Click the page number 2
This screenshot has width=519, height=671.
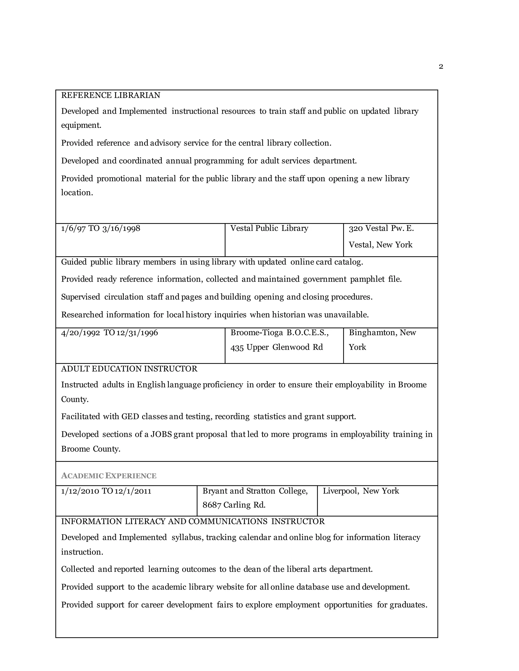[441, 67]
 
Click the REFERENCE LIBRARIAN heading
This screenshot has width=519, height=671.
[111, 95]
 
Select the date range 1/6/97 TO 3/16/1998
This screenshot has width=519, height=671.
[101, 228]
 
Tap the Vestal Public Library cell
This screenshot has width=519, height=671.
[269, 228]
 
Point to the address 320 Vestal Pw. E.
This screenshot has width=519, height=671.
[381, 228]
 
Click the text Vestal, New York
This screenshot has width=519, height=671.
[380, 245]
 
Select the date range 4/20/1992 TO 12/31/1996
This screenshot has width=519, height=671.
[109, 333]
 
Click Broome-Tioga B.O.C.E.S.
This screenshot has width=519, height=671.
[279, 333]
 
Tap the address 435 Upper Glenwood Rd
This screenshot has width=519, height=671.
[276, 347]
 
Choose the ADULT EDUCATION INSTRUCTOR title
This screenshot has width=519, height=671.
[129, 369]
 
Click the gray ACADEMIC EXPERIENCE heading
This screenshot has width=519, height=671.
[109, 476]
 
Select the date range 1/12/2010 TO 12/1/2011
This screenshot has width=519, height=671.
[106, 491]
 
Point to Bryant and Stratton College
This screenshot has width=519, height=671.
[255, 491]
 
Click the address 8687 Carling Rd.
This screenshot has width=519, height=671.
[234, 505]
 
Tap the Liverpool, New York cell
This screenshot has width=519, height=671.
[361, 491]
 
